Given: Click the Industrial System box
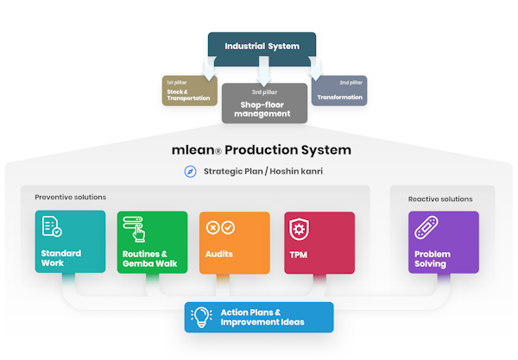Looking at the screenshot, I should pos(262,47).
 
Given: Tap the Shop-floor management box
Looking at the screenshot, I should pos(264,103).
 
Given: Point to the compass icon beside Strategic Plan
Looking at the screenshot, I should pos(191,171).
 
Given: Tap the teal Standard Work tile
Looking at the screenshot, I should pos(70,242).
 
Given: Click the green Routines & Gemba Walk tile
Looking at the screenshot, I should pos(152,242).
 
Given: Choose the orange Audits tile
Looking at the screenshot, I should pos(234,242).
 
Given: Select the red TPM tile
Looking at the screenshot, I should pos(319,242).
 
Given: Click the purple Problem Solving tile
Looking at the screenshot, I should pos(443,242).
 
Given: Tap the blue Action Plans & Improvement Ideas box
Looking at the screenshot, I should pos(258,317).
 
